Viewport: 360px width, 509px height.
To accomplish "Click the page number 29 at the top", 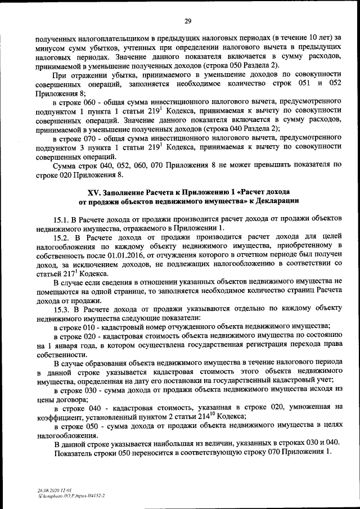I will pos(188,21).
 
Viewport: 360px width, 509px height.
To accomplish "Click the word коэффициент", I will pos(59,417).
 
